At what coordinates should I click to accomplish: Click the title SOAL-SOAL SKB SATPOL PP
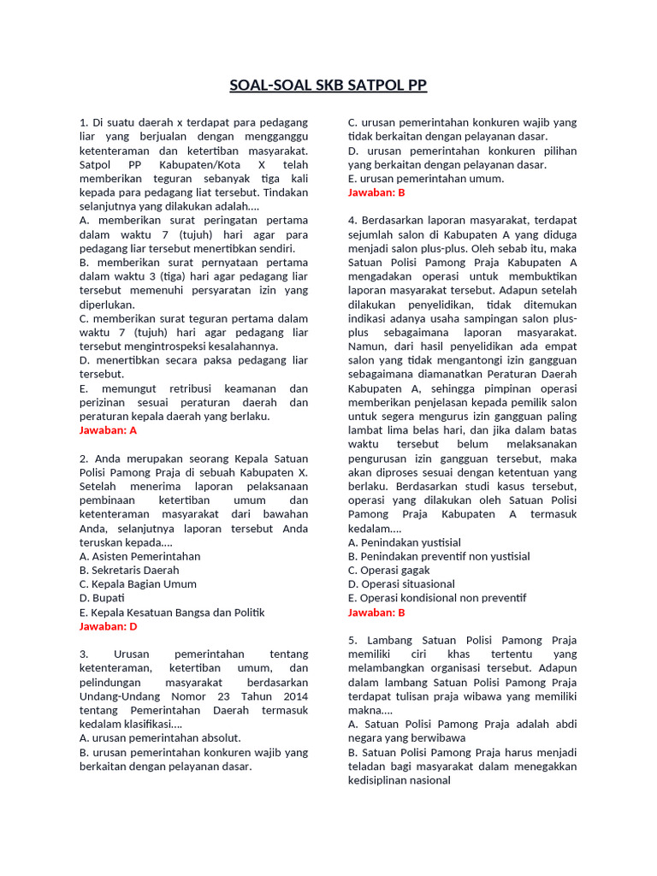328,86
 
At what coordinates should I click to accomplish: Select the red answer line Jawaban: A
108,429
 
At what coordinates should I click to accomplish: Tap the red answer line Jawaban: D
108,626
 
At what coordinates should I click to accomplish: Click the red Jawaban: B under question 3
376,192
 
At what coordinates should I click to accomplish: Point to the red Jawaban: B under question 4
376,613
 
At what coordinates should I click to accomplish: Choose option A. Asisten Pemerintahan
139,556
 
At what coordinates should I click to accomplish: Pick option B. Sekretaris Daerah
129,570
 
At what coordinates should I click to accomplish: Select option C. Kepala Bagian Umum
138,584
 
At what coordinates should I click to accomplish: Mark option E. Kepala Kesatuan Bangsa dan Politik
172,612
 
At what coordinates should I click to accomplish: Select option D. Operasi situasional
401,584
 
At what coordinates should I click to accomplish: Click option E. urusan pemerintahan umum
426,178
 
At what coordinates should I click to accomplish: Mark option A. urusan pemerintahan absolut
160,737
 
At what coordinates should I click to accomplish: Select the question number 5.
352,640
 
